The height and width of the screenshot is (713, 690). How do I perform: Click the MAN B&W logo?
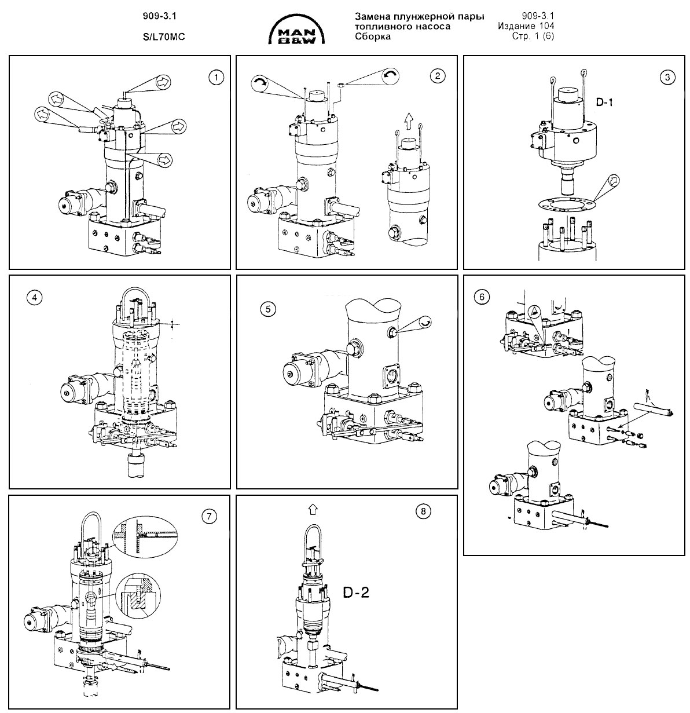tap(297, 31)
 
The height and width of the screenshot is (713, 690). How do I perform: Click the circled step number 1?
tap(216, 78)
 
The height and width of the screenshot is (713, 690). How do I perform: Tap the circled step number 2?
tap(438, 76)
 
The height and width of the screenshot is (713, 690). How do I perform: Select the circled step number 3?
tap(667, 77)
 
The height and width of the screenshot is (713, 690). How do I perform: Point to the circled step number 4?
tap(34, 297)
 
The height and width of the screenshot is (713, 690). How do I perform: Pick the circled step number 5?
tap(268, 309)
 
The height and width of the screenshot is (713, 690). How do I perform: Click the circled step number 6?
tap(482, 297)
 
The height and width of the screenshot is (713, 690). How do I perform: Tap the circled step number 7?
tap(209, 516)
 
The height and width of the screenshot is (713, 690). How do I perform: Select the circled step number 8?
tap(423, 511)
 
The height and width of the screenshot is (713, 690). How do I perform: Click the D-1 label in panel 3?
tap(604, 102)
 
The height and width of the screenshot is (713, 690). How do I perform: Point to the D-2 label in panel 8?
tap(356, 593)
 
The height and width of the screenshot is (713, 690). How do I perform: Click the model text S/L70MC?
tap(164, 36)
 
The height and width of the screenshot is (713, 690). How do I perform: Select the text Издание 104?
tap(526, 26)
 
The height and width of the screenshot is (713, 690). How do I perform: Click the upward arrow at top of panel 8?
tap(313, 509)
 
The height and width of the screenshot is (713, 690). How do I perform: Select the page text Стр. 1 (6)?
tap(533, 36)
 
